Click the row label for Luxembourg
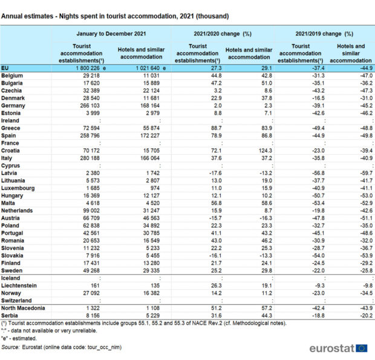click(x=18, y=188)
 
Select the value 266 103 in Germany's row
click(x=90, y=106)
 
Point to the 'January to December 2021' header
click(x=111, y=34)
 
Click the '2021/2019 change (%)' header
click(x=324, y=34)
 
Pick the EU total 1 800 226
click(x=88, y=68)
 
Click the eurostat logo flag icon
click(x=361, y=349)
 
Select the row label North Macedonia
click(x=23, y=308)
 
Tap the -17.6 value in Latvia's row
click(x=215, y=173)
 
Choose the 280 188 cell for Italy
click(x=90, y=158)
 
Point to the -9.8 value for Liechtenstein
click(x=368, y=286)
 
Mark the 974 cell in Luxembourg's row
click(x=155, y=188)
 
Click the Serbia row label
click(x=10, y=315)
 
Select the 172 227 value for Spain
click(x=150, y=136)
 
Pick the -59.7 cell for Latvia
click(x=367, y=173)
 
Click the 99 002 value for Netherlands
click(x=91, y=211)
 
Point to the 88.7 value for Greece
click(x=216, y=128)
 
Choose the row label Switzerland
click(x=16, y=301)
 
